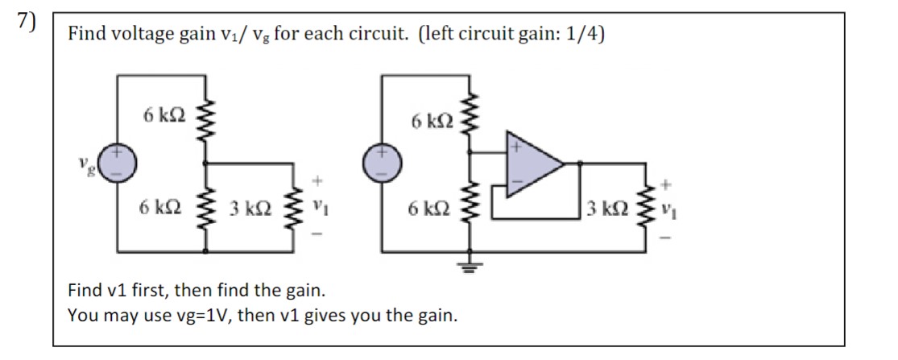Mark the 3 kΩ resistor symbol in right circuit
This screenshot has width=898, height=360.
pyautogui.click(x=646, y=207)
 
